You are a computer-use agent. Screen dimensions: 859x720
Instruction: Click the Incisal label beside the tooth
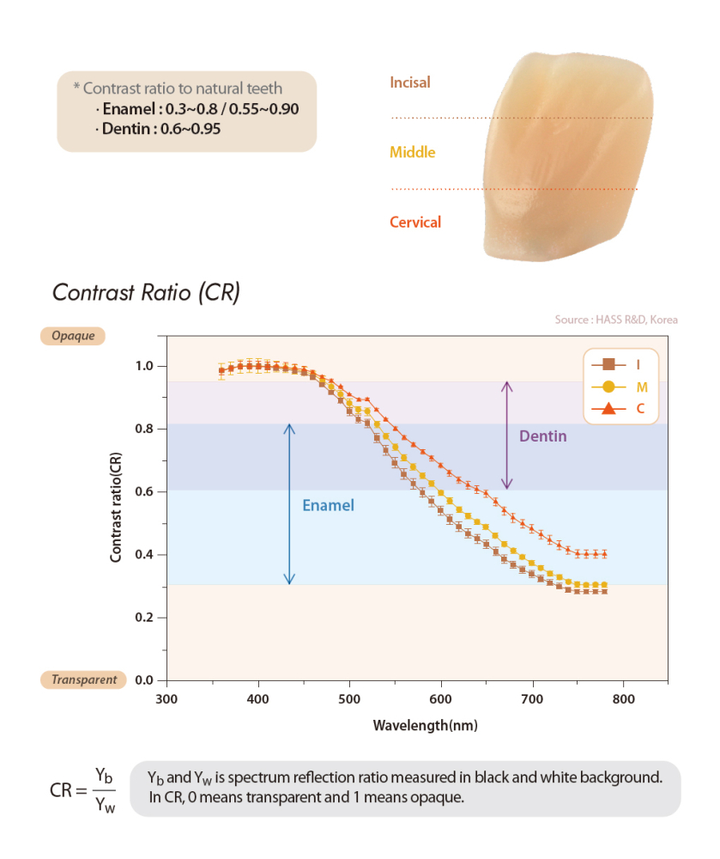tap(410, 83)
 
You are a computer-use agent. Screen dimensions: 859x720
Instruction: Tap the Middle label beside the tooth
tap(413, 152)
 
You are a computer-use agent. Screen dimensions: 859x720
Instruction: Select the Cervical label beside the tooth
tap(415, 222)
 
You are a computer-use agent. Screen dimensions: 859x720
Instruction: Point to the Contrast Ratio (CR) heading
tap(146, 292)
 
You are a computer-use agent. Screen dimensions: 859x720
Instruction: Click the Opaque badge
tap(73, 336)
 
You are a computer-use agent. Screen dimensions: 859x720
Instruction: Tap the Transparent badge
tap(84, 679)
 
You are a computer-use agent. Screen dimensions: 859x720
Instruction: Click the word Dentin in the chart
tap(543, 436)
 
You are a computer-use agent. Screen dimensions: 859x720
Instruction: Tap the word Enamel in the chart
tap(328, 506)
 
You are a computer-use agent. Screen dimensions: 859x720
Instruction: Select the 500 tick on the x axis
tap(349, 698)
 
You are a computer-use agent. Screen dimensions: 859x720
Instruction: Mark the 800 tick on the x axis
tap(623, 698)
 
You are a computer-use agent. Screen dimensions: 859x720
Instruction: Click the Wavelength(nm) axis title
tap(425, 725)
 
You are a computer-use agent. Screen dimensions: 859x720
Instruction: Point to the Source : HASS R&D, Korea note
tap(615, 320)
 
